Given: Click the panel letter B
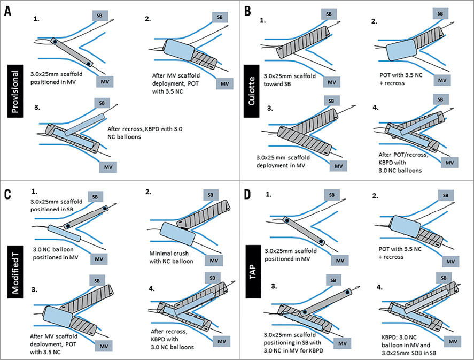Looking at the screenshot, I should click(249, 9).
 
